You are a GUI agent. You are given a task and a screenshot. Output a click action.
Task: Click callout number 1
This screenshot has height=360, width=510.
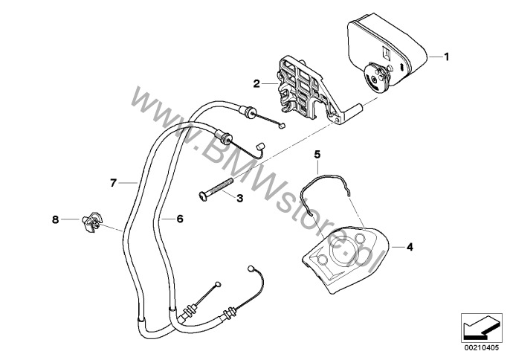(447, 56)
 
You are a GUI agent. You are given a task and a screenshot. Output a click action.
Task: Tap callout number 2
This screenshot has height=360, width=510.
(256, 83)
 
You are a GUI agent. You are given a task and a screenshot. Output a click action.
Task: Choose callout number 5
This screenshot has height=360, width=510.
(316, 154)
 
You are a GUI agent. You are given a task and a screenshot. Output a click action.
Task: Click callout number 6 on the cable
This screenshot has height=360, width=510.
(179, 218)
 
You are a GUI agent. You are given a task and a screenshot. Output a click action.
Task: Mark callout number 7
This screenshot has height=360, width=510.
(114, 181)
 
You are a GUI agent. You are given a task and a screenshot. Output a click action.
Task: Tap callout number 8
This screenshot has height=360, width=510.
(54, 219)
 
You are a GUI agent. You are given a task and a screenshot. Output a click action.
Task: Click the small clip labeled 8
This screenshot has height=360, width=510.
(91, 221)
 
